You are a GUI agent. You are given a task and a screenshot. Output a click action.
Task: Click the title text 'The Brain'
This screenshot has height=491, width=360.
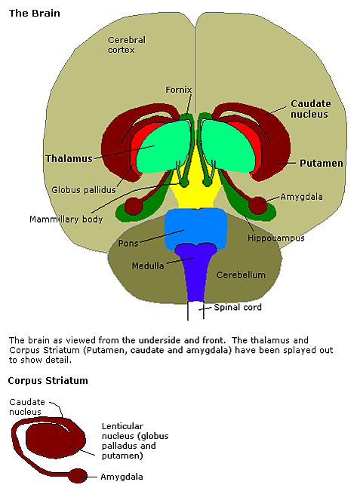coord(35,13)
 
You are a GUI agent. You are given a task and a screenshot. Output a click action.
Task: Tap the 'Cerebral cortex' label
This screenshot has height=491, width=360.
coord(127,44)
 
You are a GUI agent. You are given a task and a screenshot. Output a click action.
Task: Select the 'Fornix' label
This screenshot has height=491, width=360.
coord(178,90)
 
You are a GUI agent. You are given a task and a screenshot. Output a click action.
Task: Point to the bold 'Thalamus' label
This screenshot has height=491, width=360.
coord(69,158)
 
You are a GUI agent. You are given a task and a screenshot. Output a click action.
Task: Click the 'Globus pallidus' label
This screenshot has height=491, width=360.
coord(84,190)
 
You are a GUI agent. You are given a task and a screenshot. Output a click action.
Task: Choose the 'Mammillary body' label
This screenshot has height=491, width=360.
coord(66,219)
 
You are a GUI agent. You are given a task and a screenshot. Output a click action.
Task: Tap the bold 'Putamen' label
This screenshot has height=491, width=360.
coord(322,163)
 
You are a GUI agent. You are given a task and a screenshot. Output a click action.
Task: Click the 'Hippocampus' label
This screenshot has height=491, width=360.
coord(275,238)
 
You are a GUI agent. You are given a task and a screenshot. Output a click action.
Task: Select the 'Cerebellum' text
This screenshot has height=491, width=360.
coord(241,275)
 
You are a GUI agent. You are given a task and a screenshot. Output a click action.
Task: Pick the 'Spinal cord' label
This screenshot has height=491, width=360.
coord(238,307)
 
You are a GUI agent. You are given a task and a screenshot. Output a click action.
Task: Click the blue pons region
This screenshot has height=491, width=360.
coord(195,228)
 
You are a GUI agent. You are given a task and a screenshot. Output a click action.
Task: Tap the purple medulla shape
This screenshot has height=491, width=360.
coord(195,269)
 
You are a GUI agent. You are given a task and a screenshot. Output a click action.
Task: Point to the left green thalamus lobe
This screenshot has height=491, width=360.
coord(163,147)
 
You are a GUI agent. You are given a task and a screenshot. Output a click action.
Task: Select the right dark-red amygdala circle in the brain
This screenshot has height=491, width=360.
coord(258,205)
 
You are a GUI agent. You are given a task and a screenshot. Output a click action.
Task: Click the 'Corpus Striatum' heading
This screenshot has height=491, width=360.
coord(48,380)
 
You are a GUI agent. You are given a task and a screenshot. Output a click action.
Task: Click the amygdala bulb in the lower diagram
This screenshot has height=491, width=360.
coord(78,476)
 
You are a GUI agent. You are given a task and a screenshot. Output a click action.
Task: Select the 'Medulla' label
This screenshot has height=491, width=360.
coord(148,265)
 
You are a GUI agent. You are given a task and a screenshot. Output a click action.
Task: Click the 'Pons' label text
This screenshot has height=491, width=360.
coord(128,244)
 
